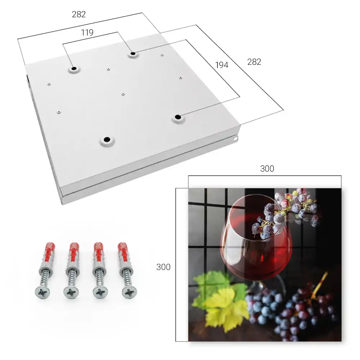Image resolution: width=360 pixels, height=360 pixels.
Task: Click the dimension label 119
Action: [x=87, y=33]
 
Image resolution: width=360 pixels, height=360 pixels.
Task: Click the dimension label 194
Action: [x=222, y=65]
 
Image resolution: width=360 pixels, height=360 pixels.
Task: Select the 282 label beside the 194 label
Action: [x=254, y=62]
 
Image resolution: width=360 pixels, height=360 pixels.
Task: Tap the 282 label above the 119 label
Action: [x=79, y=14]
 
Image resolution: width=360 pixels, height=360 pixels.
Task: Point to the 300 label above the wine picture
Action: [x=267, y=169]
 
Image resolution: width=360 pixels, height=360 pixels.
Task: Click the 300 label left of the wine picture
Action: [x=163, y=267]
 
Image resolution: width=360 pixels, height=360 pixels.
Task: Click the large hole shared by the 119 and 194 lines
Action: [x=133, y=54]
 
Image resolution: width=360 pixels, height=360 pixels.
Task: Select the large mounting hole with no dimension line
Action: [x=107, y=139]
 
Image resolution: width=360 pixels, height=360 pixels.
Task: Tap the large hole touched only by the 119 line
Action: [x=74, y=68]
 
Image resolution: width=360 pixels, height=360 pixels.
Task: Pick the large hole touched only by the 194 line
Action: [x=178, y=117]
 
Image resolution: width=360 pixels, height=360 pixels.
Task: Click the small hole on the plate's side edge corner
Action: [x=235, y=139]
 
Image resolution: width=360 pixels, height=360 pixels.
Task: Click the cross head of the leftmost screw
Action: [x=43, y=293]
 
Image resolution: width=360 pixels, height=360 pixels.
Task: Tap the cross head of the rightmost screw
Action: [x=129, y=292]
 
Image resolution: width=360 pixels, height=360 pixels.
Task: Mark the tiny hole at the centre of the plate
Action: [x=123, y=94]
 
